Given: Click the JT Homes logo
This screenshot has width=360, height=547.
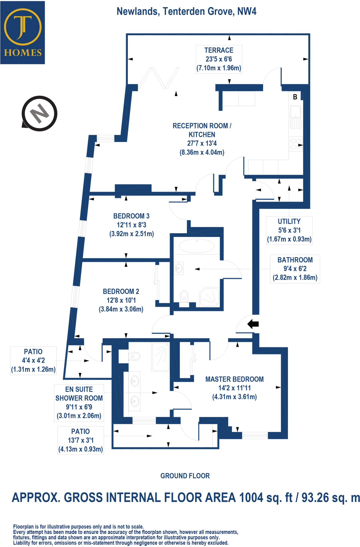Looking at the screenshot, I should [x=22, y=33].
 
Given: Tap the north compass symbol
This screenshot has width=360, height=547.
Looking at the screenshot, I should [x=40, y=114].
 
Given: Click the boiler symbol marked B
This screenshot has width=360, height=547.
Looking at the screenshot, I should [x=295, y=97].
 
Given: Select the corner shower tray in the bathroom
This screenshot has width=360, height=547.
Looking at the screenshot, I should [x=210, y=296].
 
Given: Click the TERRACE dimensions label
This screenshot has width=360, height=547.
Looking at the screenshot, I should [x=219, y=59].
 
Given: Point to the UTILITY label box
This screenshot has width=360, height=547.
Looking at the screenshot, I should [x=289, y=230].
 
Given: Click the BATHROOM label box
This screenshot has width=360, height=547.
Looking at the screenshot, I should [x=295, y=269].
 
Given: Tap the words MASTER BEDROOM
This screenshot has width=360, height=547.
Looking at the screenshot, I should [x=234, y=379].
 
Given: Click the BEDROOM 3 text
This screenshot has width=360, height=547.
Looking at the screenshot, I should [x=131, y=216].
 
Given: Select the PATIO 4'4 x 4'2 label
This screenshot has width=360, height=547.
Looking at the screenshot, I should [x=33, y=361].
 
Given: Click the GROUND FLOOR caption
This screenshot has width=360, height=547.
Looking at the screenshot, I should [x=185, y=476].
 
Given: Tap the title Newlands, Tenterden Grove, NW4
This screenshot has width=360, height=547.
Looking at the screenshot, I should [x=187, y=11].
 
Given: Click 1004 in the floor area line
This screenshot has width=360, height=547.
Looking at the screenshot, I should [x=251, y=498].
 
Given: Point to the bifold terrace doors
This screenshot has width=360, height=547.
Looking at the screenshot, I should [x=158, y=78].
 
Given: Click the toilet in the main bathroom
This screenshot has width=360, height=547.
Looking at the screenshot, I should [x=184, y=296].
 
